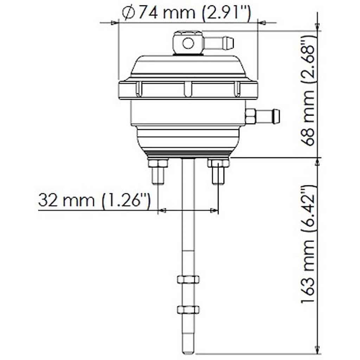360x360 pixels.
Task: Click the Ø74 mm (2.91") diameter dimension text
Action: coord(186,13)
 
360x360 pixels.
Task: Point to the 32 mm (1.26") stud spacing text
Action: coord(94,200)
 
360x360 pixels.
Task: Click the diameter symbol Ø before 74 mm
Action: coord(128,13)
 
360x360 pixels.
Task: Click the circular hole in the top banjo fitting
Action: coord(188,43)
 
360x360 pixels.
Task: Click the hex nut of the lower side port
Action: coord(250,116)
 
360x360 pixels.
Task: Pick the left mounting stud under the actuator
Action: coord(158,175)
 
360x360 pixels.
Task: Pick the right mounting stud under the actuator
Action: coord(218,175)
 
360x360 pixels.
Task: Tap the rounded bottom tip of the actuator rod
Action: coord(188,351)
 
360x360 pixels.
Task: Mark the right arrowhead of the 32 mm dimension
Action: coord(214,210)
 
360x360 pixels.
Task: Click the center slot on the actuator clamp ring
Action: coord(188,89)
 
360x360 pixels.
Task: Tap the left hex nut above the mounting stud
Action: coord(158,163)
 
